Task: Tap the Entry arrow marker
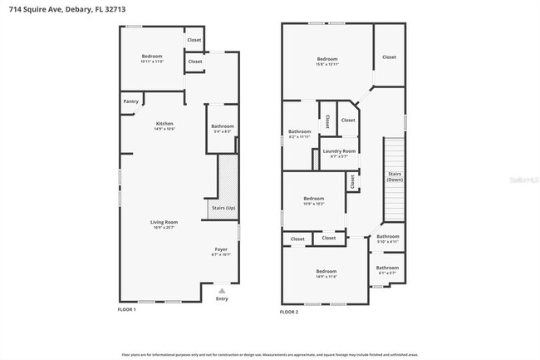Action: point(221,291)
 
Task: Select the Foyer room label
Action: point(221,249)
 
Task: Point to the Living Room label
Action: point(164,222)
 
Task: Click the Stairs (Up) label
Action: point(223,207)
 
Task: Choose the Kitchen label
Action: point(164,123)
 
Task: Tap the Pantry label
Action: point(130,101)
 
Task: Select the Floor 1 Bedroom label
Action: point(152,57)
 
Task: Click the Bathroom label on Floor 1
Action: point(223,126)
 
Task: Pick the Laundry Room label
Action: point(339,150)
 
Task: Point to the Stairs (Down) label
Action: point(395,176)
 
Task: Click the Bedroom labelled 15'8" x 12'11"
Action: point(327,59)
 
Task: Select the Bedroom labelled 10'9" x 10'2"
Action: point(313,199)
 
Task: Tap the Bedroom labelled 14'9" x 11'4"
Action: point(326,272)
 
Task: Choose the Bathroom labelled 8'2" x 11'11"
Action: point(299,132)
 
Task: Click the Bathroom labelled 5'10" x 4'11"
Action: point(387,237)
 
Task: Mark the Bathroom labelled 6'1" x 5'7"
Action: point(387,269)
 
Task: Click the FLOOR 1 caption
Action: point(126,309)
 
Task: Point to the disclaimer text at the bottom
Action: point(270,353)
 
